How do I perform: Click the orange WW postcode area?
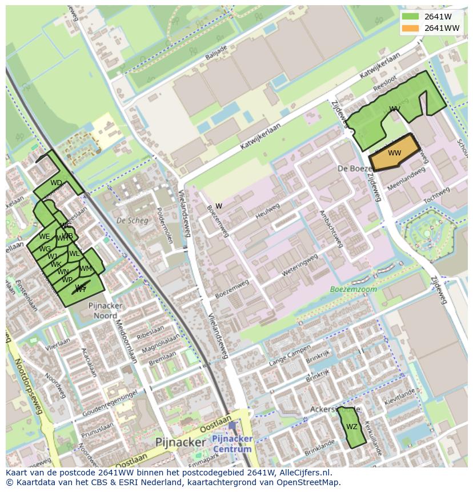coord(394,153)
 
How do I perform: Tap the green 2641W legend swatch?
coord(410,16)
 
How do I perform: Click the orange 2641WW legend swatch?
coord(410,28)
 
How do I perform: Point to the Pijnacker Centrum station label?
coord(231,443)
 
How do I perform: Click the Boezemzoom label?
coord(353,289)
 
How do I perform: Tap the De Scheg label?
coord(129,220)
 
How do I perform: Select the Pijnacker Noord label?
coord(106,310)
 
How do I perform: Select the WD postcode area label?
coord(56,183)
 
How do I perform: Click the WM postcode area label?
coord(86,269)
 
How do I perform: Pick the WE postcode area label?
coord(44,236)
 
